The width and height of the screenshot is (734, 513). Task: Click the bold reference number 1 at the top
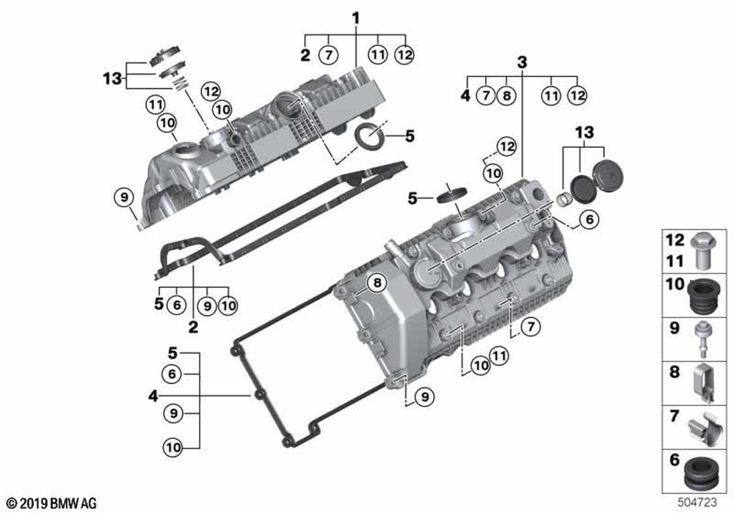356,17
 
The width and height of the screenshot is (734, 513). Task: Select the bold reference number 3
522,63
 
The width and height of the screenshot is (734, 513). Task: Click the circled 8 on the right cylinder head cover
376,284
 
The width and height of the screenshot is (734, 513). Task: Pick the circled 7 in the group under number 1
329,54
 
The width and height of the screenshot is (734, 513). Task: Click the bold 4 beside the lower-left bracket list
153,396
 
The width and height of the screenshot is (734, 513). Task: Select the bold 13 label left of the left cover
113,78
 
